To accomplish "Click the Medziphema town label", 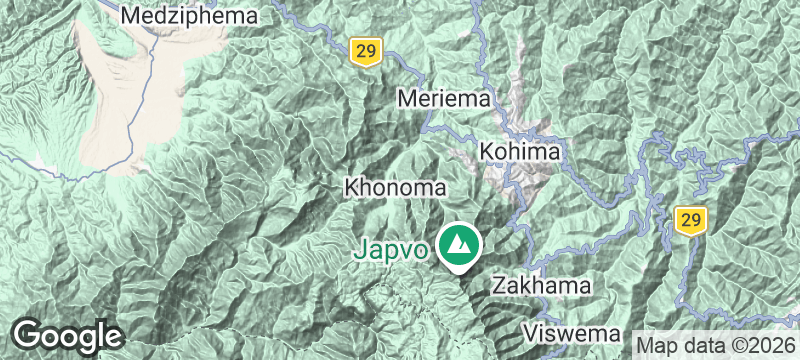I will click(188, 15).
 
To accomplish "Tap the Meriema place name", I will click(446, 99).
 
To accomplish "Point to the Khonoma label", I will click(393, 187).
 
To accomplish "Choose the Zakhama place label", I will click(541, 285).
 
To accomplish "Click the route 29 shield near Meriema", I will click(363, 50).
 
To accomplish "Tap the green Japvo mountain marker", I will click(459, 243).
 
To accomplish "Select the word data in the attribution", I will click(701, 344).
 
